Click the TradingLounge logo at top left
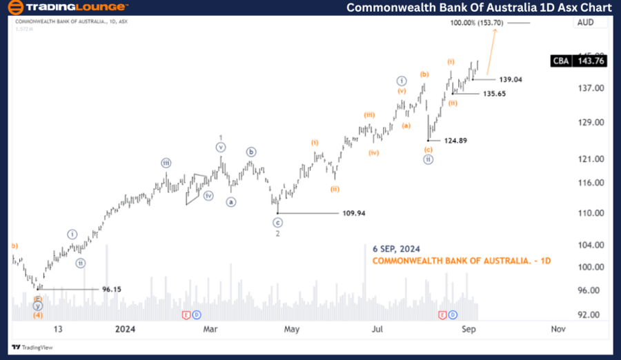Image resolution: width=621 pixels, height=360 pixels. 67,8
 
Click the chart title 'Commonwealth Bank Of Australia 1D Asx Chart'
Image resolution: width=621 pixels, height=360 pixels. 478,8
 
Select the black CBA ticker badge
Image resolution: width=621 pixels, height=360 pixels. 561,61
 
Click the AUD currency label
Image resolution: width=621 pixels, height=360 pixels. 584,23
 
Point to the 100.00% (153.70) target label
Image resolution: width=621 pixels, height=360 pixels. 477,23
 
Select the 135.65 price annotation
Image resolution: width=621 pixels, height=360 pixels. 494,93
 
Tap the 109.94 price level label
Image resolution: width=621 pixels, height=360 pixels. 353,213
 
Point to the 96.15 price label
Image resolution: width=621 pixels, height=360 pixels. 111,289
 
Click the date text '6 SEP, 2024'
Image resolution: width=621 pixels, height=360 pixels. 396,248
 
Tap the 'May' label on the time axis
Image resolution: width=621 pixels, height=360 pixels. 291,329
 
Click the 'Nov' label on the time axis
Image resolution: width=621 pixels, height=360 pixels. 558,329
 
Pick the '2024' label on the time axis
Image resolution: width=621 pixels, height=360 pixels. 125,329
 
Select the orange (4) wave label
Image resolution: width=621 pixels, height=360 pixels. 39,315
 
